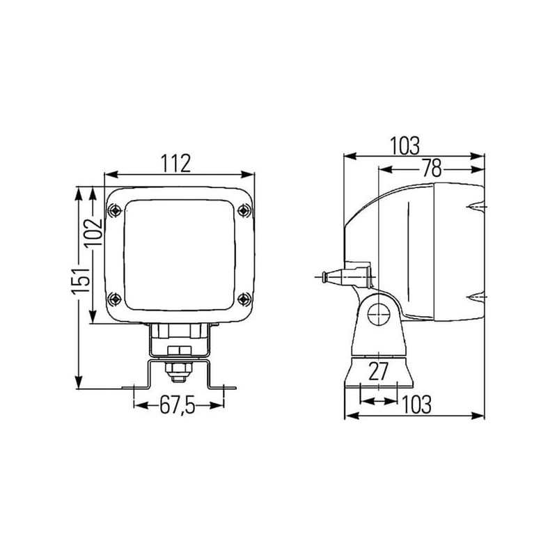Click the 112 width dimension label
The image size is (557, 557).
click(x=176, y=163)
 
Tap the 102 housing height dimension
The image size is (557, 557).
click(x=95, y=233)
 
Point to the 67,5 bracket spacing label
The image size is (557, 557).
click(x=178, y=405)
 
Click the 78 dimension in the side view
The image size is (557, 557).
click(x=432, y=168)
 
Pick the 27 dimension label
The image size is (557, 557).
click(x=379, y=372)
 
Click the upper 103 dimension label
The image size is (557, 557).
click(x=405, y=146)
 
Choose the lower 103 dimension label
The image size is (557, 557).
click(x=416, y=405)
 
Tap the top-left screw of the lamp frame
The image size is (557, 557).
click(x=115, y=211)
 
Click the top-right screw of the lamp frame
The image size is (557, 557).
click(x=243, y=211)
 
